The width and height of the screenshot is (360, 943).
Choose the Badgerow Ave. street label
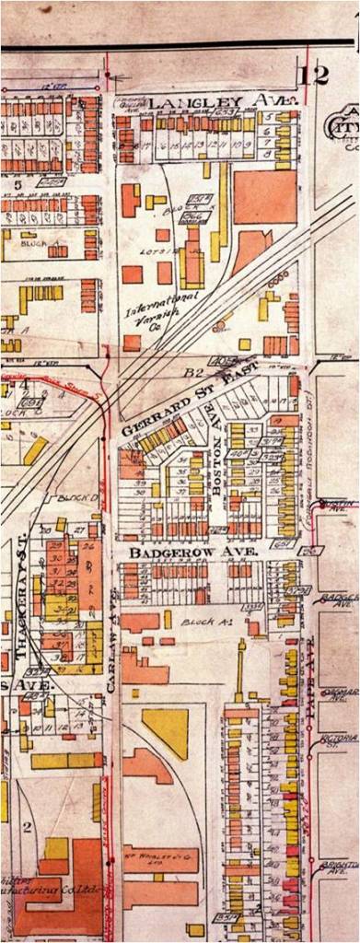click(172, 553)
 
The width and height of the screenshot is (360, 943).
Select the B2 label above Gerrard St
click(194, 373)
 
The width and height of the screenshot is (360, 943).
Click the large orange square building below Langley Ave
click(265, 196)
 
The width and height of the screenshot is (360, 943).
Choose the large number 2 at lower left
click(27, 826)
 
